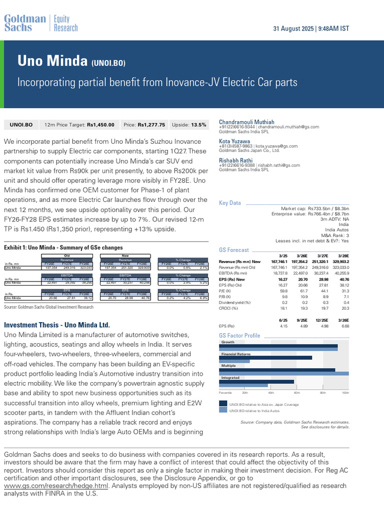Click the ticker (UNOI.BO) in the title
pyautogui.click(x=108, y=63)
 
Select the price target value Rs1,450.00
pyautogui.click(x=100, y=125)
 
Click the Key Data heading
pyautogui.click(x=230, y=203)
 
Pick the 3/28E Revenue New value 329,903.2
pyautogui.click(x=338, y=262)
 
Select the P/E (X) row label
pyautogui.click(x=226, y=291)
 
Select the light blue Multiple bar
pyautogui.click(x=284, y=374)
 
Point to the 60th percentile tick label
pyautogui.click(x=296, y=393)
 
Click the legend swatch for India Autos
pyautogui.click(x=223, y=409)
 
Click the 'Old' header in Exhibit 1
pyautogui.click(x=66, y=255)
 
